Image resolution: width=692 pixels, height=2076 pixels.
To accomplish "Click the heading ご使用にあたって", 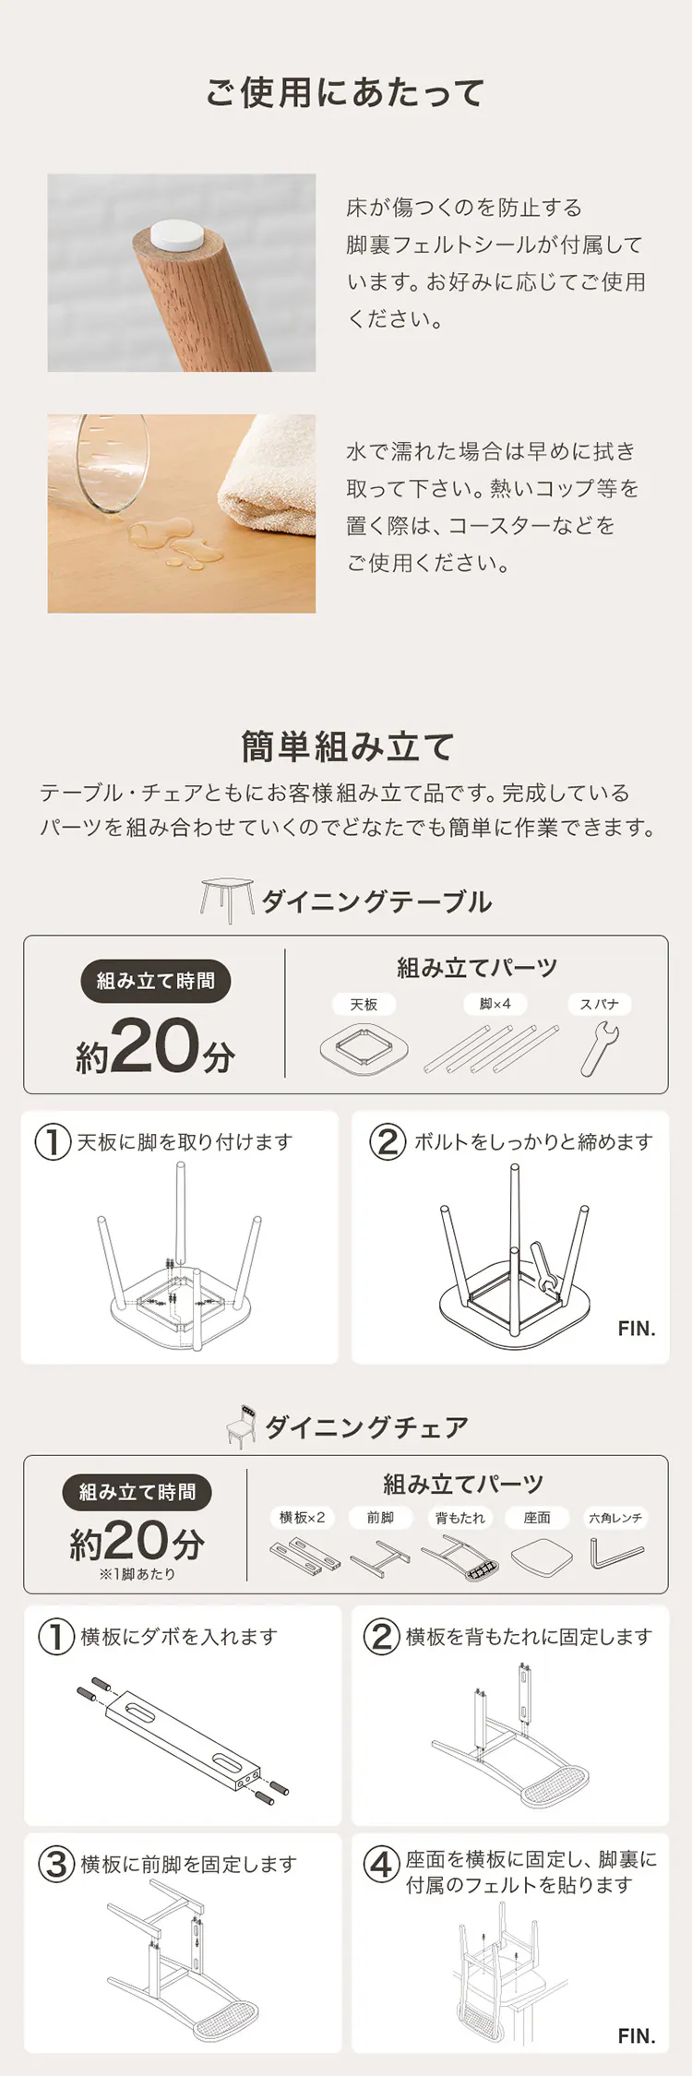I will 345,93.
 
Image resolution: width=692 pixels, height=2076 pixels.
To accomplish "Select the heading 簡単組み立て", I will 346,746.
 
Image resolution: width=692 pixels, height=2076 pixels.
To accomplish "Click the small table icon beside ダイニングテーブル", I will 227,900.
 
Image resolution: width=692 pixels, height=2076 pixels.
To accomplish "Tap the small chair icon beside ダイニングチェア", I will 242,1426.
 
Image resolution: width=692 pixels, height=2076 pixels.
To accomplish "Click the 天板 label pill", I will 364,1004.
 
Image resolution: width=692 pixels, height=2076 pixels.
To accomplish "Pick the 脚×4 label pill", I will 495,1004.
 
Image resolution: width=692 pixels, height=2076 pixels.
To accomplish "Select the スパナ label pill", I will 599,1004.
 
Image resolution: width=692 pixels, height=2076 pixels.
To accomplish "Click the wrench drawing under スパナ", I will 599,1049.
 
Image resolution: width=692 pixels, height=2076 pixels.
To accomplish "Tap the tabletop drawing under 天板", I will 364,1049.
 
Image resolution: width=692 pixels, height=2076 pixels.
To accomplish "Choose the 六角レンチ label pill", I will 615,1518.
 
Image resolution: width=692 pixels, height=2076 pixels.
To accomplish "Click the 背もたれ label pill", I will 459,1518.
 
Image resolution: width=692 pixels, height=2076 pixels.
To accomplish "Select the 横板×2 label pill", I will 302,1518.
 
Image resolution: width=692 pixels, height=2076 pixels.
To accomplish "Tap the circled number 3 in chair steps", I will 55,1864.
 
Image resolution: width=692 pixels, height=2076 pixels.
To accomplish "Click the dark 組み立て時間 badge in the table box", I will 155,981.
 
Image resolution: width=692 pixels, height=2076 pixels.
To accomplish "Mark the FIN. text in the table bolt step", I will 637,1329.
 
